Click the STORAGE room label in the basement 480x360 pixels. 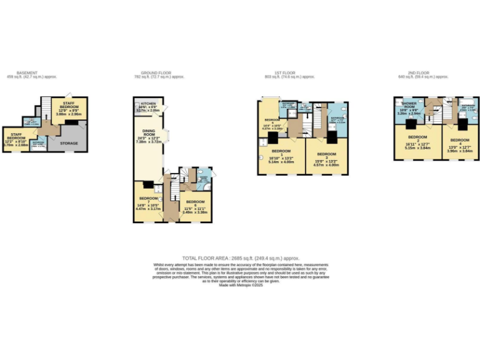pos(69,143)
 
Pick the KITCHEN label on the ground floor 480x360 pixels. pos(148,104)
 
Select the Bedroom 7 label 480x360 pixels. pos(148,197)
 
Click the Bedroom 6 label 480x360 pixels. pos(195,202)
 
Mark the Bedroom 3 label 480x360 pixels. pos(326,154)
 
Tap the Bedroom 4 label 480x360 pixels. pos(459,140)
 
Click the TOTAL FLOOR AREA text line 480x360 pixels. pos(241,257)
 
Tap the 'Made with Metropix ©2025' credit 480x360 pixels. pos(241,286)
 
